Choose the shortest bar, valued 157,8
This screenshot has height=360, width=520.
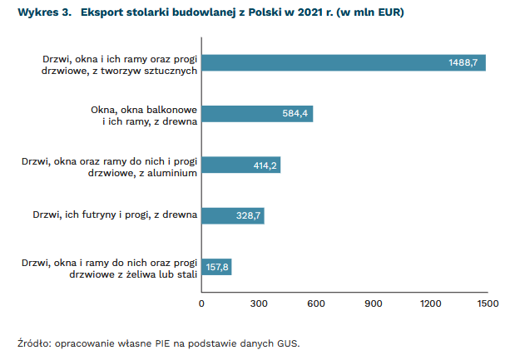[x=216, y=267]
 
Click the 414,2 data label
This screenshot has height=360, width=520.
[x=265, y=165]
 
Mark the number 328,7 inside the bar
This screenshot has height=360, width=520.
[x=249, y=215]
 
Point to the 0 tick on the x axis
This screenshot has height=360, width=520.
[x=201, y=303]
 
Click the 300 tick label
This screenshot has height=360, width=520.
[x=259, y=303]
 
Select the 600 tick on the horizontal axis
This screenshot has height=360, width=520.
[x=315, y=303]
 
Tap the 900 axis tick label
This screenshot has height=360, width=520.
[x=373, y=303]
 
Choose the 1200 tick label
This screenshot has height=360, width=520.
[x=430, y=303]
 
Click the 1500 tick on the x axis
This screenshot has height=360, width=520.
[x=487, y=303]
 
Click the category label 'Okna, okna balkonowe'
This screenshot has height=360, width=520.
[x=143, y=109]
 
